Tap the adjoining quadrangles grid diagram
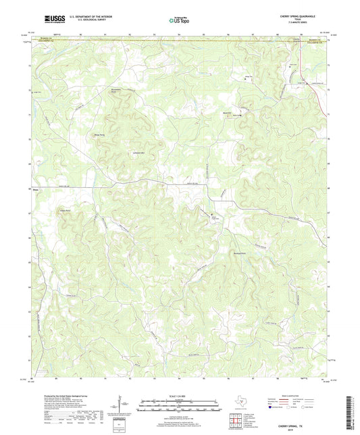click(235, 421)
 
